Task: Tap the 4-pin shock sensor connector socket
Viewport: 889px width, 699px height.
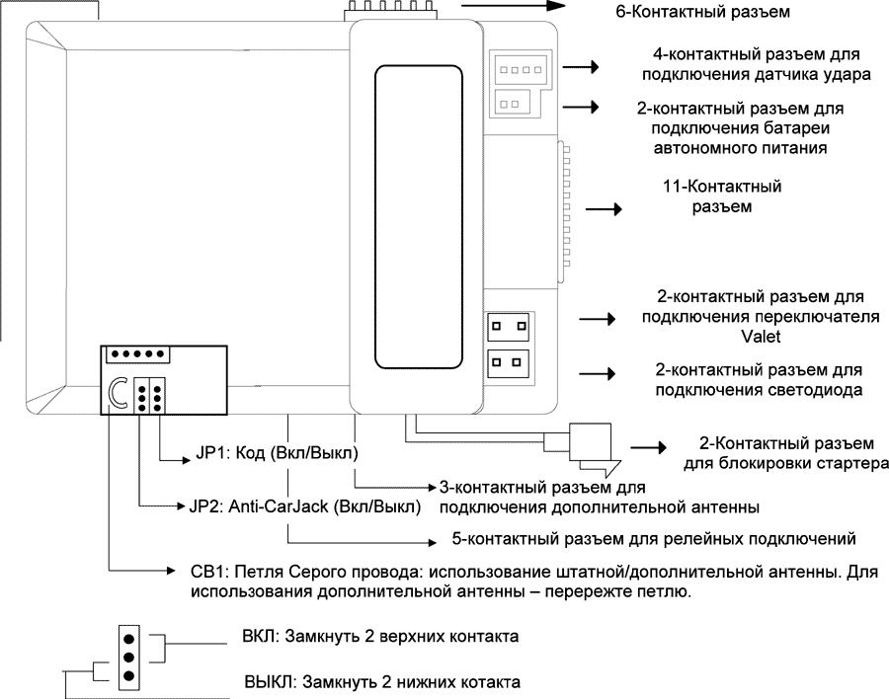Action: [514, 70]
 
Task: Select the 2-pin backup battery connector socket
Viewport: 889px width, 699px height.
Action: [512, 101]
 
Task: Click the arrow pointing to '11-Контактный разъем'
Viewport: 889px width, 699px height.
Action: [605, 210]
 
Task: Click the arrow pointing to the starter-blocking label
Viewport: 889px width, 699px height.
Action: [649, 447]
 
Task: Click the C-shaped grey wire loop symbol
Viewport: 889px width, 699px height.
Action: [119, 395]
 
